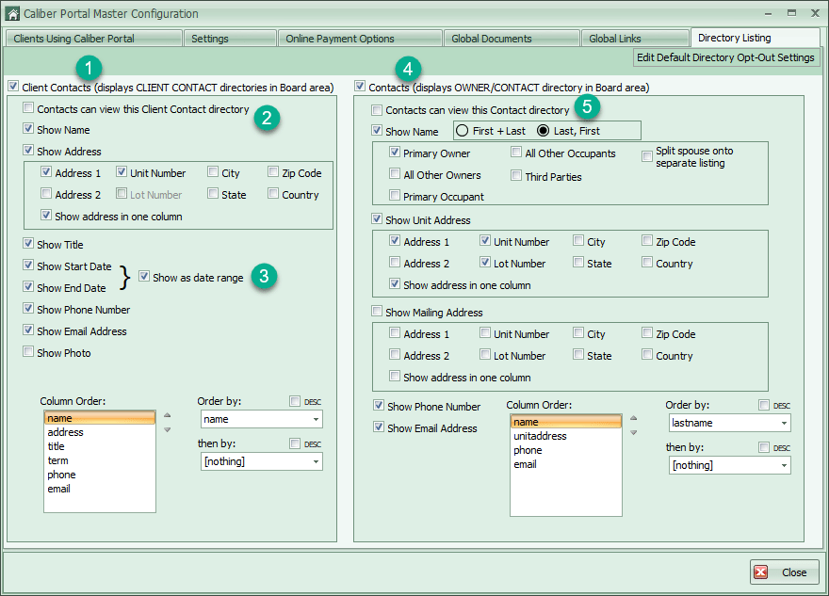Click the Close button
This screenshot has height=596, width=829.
point(784,572)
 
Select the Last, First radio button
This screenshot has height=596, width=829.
point(543,131)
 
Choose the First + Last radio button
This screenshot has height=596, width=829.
point(463,131)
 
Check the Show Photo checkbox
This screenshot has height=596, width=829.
point(28,352)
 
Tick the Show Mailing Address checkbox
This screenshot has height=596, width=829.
point(377,312)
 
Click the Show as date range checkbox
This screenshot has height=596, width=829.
point(144,276)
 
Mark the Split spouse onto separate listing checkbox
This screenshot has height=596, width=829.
point(647,156)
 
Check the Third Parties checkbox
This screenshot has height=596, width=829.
point(516,175)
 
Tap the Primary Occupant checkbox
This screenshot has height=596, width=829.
point(395,195)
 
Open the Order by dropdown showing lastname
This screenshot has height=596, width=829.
point(729,423)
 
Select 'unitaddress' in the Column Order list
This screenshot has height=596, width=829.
point(540,436)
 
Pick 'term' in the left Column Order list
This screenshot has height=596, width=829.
point(57,460)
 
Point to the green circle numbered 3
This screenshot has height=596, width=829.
point(264,276)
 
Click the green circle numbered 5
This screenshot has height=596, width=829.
point(587,106)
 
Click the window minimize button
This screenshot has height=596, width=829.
point(768,14)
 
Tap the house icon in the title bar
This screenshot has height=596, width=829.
point(12,14)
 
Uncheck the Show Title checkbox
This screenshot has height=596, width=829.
point(28,243)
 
